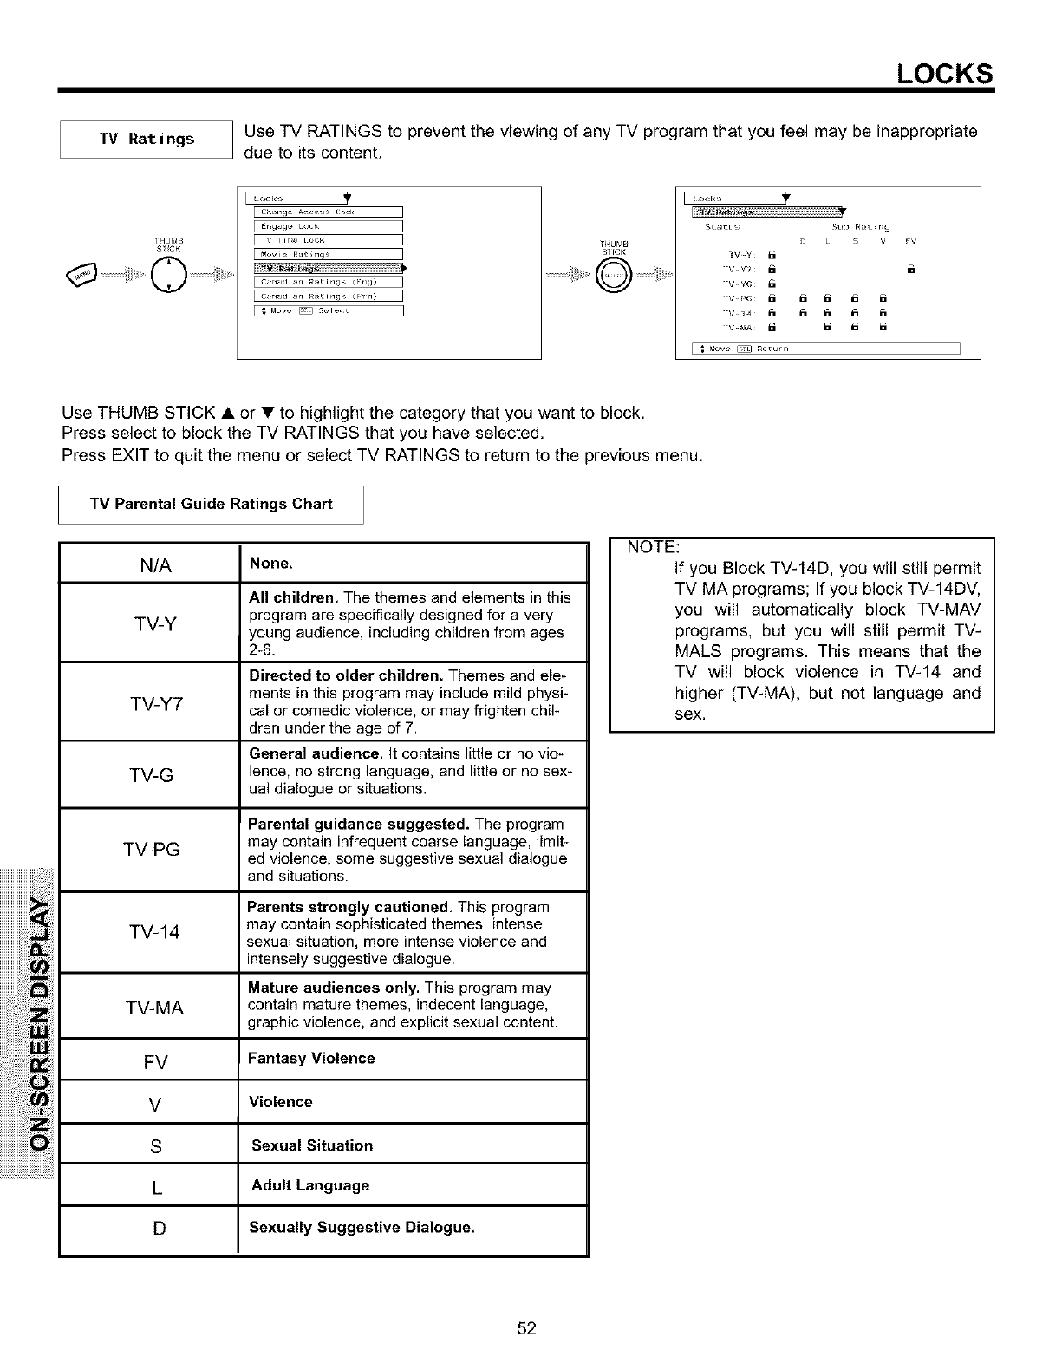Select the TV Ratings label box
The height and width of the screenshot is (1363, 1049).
coord(147,139)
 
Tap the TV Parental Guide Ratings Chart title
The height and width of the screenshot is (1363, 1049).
coord(211,505)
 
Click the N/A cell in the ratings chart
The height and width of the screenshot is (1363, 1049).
coord(155,566)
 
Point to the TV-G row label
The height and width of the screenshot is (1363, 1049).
coord(153,775)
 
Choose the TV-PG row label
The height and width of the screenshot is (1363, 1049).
coord(153,850)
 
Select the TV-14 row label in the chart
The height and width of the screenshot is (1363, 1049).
coord(154,932)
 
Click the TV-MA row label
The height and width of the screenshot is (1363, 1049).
coord(155,1008)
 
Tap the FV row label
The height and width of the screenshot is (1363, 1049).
coord(156,1062)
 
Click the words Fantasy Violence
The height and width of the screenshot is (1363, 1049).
coord(311,1059)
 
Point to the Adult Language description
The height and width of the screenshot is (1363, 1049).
coord(310,1185)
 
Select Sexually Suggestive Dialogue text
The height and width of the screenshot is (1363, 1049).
coord(362,1228)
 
